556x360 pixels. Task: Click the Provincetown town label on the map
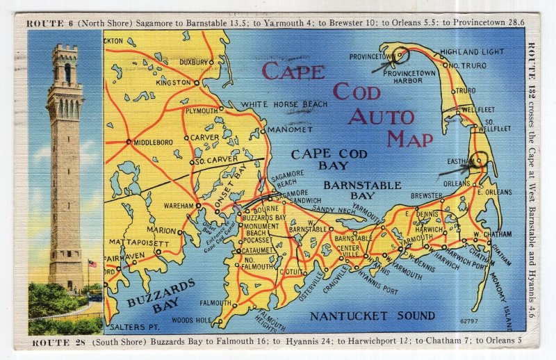tap(373, 56)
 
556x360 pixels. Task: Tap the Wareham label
tap(179, 206)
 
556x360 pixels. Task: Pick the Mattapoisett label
tap(138, 243)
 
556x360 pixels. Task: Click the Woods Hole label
tap(193, 320)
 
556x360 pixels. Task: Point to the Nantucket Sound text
tap(372, 316)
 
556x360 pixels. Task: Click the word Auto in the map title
tap(381, 116)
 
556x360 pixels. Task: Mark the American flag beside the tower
tap(92, 264)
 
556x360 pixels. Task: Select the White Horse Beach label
tap(284, 104)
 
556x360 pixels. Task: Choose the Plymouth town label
tap(202, 111)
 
